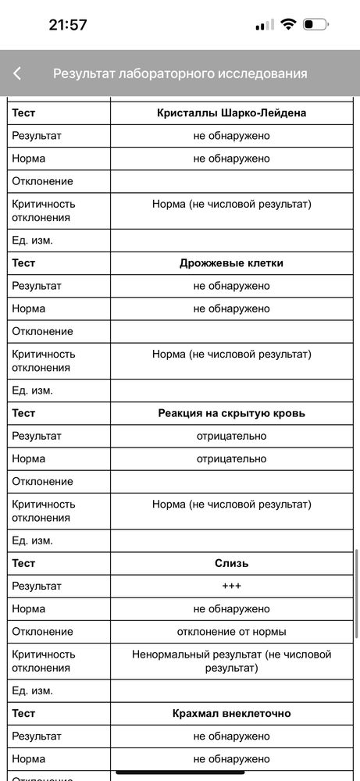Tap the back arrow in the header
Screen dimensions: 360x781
[17, 73]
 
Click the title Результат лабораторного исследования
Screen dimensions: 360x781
[180, 73]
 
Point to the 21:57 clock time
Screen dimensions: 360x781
[68, 24]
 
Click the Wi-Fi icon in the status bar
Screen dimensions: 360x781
[288, 24]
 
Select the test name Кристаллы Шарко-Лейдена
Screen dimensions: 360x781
[232, 113]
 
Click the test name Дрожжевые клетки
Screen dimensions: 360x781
[232, 263]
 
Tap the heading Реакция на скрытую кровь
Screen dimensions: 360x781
[232, 413]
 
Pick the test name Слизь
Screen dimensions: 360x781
[232, 563]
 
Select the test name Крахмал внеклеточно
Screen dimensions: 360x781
[232, 713]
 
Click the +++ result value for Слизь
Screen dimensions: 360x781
[232, 586]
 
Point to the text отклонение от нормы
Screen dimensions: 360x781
[232, 631]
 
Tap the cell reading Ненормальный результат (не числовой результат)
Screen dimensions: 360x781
[232, 661]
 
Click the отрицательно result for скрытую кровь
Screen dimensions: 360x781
[232, 436]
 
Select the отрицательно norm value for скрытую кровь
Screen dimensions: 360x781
[232, 458]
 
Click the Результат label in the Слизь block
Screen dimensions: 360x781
[37, 586]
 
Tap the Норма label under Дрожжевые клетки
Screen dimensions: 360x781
[29, 308]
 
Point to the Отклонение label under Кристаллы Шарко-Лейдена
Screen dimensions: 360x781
[42, 181]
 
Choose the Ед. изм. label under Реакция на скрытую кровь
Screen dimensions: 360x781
[32, 540]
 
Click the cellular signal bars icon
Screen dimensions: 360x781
[265, 24]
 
